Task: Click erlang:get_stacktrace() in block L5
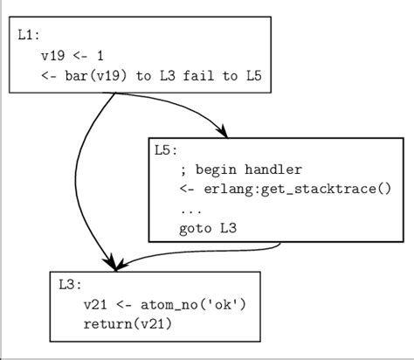tap(294, 190)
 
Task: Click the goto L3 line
tap(208, 229)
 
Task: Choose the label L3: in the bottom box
tap(70, 285)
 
